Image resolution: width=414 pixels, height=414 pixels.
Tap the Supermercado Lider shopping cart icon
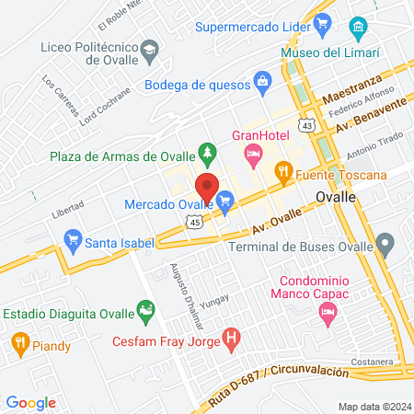coord(321,25)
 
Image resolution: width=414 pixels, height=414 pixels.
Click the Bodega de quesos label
coord(199,86)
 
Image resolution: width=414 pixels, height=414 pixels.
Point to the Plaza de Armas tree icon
coord(209,149)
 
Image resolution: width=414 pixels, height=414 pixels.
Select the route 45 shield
coord(191,222)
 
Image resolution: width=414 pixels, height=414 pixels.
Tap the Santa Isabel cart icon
coord(72,242)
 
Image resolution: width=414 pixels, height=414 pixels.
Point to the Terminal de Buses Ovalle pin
coord(386,244)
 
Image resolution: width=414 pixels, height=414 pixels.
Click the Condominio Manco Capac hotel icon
coord(327,314)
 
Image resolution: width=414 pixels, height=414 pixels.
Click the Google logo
coord(30,402)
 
